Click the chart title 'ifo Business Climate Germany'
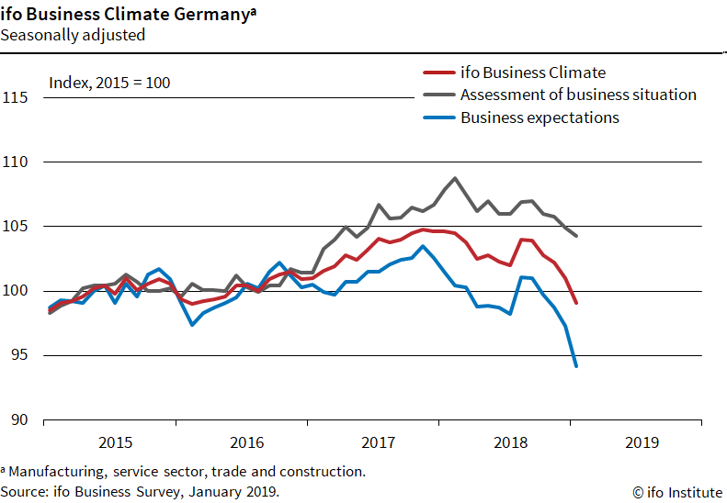tap(126, 15)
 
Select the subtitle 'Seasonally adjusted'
tap(73, 36)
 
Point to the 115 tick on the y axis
tap(15, 97)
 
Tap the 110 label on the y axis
tap(15, 162)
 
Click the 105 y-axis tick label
tap(15, 227)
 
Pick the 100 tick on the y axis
tap(15, 291)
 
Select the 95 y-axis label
tap(18, 355)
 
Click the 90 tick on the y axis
tap(18, 420)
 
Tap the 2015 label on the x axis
tap(115, 442)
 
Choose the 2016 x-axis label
tap(246, 442)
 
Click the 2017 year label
tap(378, 442)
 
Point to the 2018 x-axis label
tap(510, 442)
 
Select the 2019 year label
tap(642, 442)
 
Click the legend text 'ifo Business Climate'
tap(533, 73)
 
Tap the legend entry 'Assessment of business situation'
tap(578, 95)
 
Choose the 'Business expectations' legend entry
tap(540, 117)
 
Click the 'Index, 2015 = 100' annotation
tap(109, 83)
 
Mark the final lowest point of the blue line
tap(575, 366)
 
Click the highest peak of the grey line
tap(455, 178)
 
